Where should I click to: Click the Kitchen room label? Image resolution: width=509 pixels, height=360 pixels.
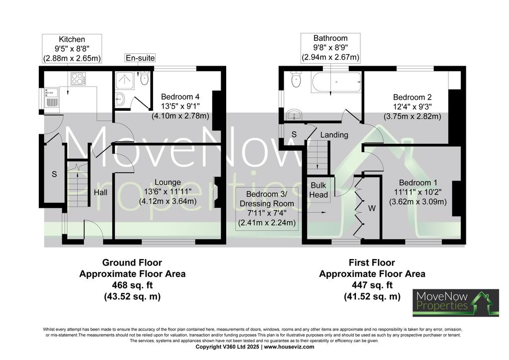pos(72,40)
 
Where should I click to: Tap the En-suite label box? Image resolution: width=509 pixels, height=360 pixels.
pos(140,58)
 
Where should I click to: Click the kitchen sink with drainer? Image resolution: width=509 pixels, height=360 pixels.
pos(51,97)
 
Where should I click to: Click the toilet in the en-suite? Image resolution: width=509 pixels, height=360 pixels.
pos(145,78)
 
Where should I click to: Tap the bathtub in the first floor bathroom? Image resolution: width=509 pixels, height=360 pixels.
pos(336,82)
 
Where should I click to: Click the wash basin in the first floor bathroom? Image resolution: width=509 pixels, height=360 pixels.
pos(294,114)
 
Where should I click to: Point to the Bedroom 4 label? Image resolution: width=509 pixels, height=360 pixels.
pos(180,97)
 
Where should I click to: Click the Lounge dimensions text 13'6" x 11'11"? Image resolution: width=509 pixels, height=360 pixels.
pos(168,192)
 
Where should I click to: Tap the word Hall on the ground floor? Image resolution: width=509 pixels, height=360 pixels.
pos(100,192)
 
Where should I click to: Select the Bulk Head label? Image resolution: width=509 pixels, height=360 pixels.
pos(319,190)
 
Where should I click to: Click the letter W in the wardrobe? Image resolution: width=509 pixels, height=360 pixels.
pos(372,208)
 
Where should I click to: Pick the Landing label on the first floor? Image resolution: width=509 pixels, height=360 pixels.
pos(334,135)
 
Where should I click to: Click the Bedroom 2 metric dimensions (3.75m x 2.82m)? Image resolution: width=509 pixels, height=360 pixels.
pos(412,116)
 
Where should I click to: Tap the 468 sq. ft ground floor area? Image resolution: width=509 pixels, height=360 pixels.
pos(132,285)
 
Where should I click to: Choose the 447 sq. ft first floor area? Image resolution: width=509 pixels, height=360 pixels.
pos(372,285)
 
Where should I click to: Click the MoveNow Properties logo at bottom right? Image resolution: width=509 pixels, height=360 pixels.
pos(456,302)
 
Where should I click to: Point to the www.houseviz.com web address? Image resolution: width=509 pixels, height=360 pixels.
pos(289,347)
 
